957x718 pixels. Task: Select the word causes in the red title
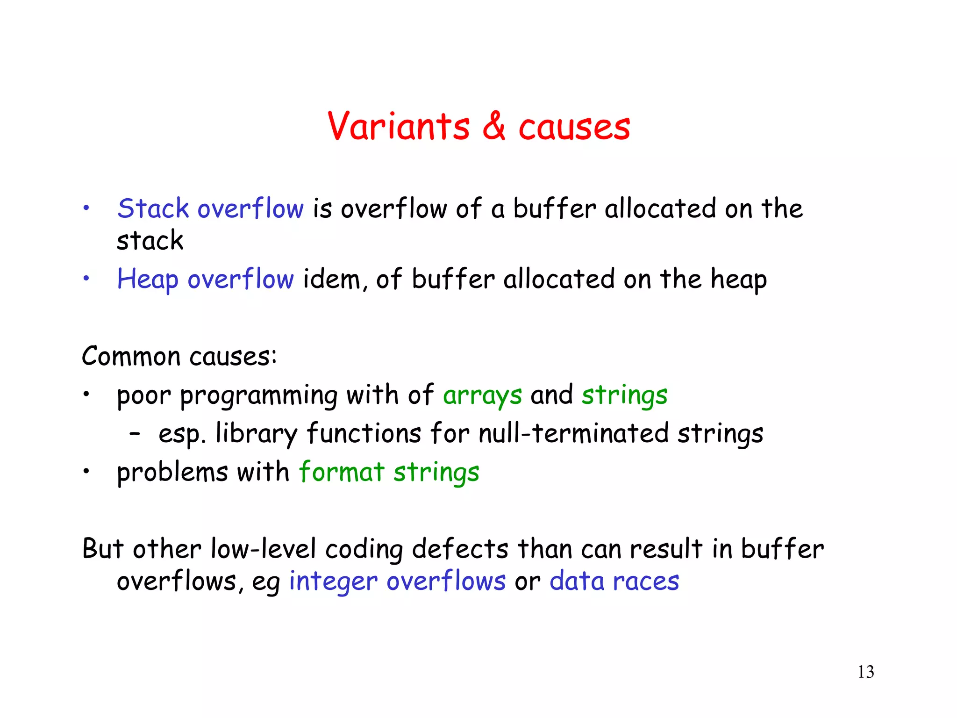pyautogui.click(x=574, y=127)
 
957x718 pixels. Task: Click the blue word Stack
pyautogui.click(x=153, y=208)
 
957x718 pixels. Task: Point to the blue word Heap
pyautogui.click(x=147, y=280)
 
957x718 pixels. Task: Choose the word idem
pyautogui.click(x=332, y=280)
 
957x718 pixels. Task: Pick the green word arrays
pyautogui.click(x=482, y=395)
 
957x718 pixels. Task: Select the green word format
pyautogui.click(x=342, y=472)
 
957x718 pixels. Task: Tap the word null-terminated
pyautogui.click(x=573, y=433)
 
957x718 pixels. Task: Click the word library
pyautogui.click(x=256, y=434)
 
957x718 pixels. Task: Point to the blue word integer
pyautogui.click(x=333, y=582)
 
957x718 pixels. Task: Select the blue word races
pyautogui.click(x=646, y=582)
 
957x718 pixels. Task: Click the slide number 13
pyautogui.click(x=865, y=672)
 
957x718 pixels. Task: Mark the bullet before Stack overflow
pyautogui.click(x=86, y=208)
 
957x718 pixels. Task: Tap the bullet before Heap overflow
pyautogui.click(x=86, y=279)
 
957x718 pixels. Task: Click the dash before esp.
pyautogui.click(x=135, y=434)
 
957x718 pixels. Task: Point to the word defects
pyautogui.click(x=460, y=549)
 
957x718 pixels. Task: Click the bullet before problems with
pyautogui.click(x=86, y=472)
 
